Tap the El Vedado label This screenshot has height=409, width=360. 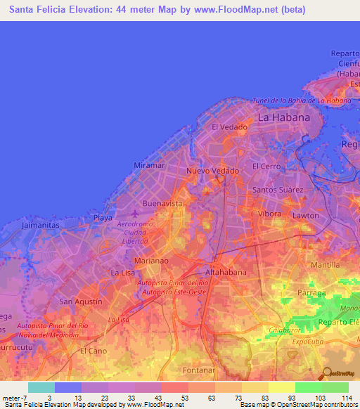[x=229, y=127]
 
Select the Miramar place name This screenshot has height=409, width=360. [x=149, y=165]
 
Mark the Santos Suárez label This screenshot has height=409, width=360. [x=278, y=190]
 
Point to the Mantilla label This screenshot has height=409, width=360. [x=324, y=265]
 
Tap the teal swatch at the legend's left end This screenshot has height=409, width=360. [x=41, y=387]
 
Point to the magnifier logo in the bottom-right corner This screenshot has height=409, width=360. [x=327, y=374]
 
